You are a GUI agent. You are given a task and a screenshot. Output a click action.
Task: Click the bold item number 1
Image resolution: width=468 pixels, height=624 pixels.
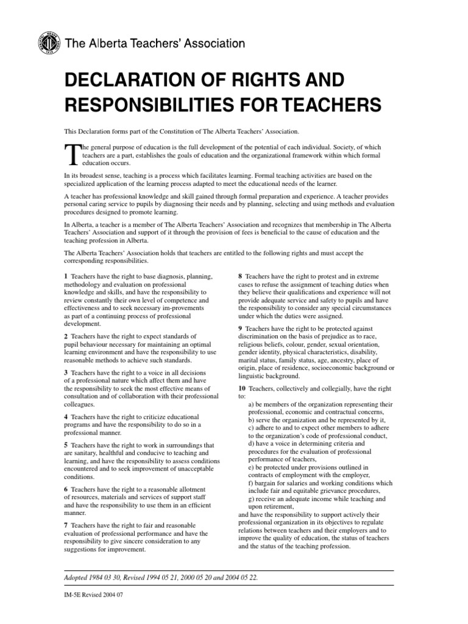[x=66, y=277]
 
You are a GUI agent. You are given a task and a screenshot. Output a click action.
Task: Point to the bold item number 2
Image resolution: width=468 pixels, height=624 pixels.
[x=66, y=336]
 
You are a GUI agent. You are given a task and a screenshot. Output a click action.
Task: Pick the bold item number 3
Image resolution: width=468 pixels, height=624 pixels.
[x=66, y=372]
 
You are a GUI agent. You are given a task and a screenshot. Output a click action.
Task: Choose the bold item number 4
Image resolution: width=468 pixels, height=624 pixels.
[x=66, y=416]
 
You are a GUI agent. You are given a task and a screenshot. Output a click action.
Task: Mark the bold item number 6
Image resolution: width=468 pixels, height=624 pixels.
[x=66, y=489]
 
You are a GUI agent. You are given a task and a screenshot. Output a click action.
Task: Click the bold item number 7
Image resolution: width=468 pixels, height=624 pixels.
[x=66, y=525]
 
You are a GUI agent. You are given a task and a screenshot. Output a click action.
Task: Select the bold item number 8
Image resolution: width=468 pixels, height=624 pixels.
[x=240, y=277]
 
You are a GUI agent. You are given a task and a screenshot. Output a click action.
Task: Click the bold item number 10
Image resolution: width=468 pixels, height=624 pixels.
[x=242, y=388]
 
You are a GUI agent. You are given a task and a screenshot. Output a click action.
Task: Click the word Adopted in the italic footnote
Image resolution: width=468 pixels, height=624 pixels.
[x=77, y=577]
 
